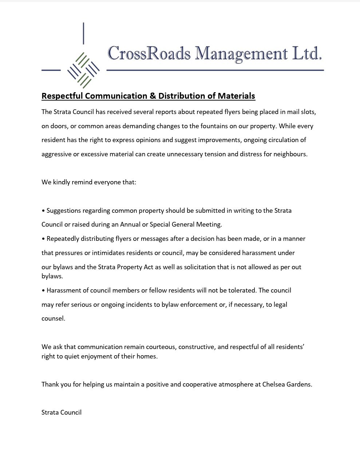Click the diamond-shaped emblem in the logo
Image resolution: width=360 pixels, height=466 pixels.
pyautogui.click(x=83, y=70)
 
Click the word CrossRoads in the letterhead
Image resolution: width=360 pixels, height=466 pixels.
pyautogui.click(x=149, y=53)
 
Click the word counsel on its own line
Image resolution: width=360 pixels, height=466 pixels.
pyautogui.click(x=53, y=318)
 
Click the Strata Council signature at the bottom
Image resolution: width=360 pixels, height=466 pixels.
pyautogui.click(x=62, y=412)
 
